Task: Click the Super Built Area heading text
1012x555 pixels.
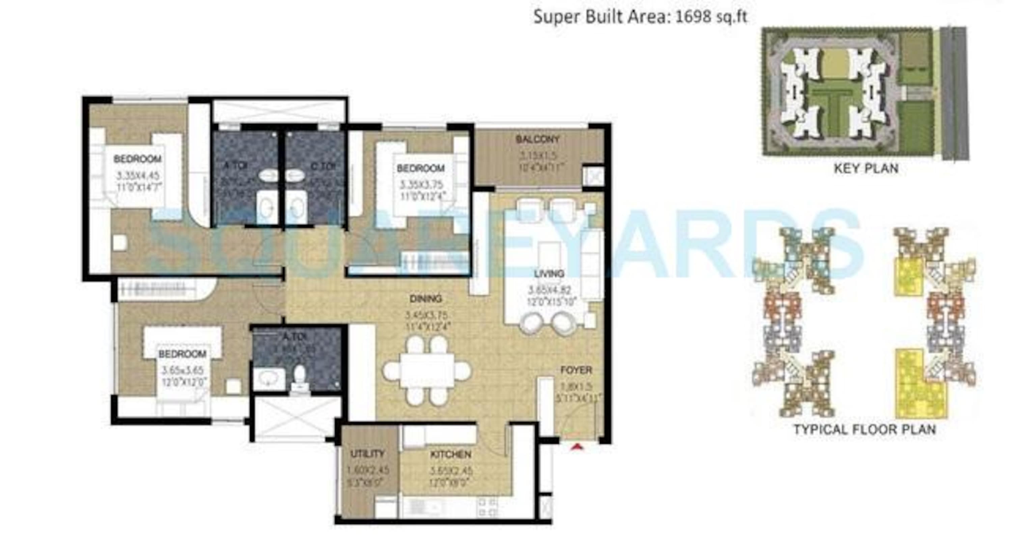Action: click(640, 17)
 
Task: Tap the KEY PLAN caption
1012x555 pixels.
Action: click(866, 168)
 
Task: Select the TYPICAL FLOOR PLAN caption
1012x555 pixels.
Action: click(865, 429)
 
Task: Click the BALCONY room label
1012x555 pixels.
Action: click(537, 139)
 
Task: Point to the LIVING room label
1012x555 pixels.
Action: click(549, 274)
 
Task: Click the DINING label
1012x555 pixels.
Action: click(426, 299)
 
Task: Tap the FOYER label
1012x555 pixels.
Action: click(576, 370)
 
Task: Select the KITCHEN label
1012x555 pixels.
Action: click(451, 454)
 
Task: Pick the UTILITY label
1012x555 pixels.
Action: click(367, 454)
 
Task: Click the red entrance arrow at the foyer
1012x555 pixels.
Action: click(576, 446)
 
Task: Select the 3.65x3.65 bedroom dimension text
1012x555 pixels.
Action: click(183, 370)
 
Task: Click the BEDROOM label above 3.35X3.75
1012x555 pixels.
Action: click(420, 168)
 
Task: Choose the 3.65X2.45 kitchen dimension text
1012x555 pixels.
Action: click(450, 471)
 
